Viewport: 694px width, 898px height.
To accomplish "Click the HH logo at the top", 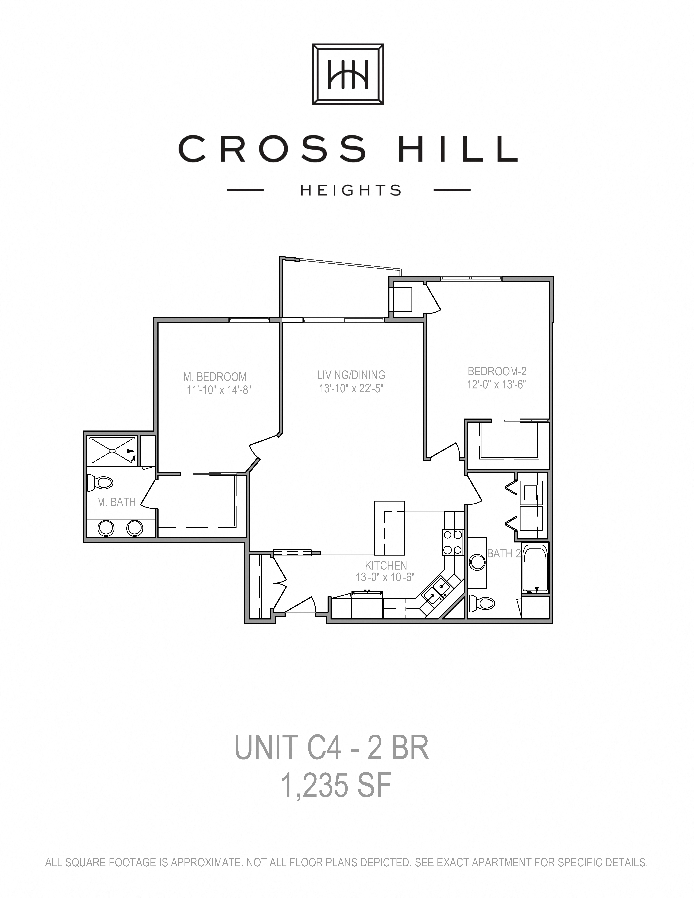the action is pyautogui.click(x=348, y=74).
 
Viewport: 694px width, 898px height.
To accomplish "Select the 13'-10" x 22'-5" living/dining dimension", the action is pyautogui.click(x=351, y=388).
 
